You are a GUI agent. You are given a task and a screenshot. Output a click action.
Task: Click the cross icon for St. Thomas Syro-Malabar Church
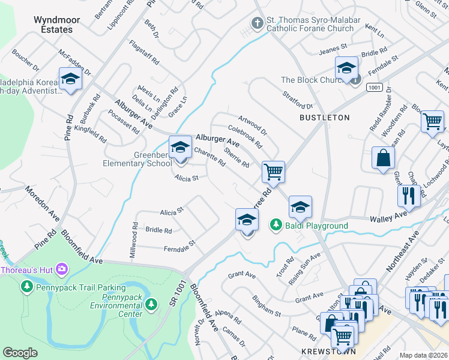pyautogui.click(x=257, y=23)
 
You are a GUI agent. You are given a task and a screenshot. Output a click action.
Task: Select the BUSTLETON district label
pyautogui.click(x=324, y=118)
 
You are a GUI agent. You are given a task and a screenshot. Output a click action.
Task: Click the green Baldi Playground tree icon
pyautogui.click(x=276, y=225)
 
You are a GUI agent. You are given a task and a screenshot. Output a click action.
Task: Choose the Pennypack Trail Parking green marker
pyautogui.click(x=26, y=287)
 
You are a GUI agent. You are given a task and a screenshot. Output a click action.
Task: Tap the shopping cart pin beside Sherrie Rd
pyautogui.click(x=273, y=172)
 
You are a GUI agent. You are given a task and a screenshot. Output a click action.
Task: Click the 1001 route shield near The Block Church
pyautogui.click(x=373, y=88)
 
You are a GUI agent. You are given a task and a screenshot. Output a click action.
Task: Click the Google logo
pyautogui.click(x=20, y=353)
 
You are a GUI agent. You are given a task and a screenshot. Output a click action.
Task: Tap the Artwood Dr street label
pyautogui.click(x=252, y=124)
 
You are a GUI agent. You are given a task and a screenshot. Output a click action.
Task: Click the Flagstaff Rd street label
pyautogui.click(x=144, y=53)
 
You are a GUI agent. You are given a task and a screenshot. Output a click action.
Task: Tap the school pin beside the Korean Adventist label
pyautogui.click(x=70, y=79)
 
